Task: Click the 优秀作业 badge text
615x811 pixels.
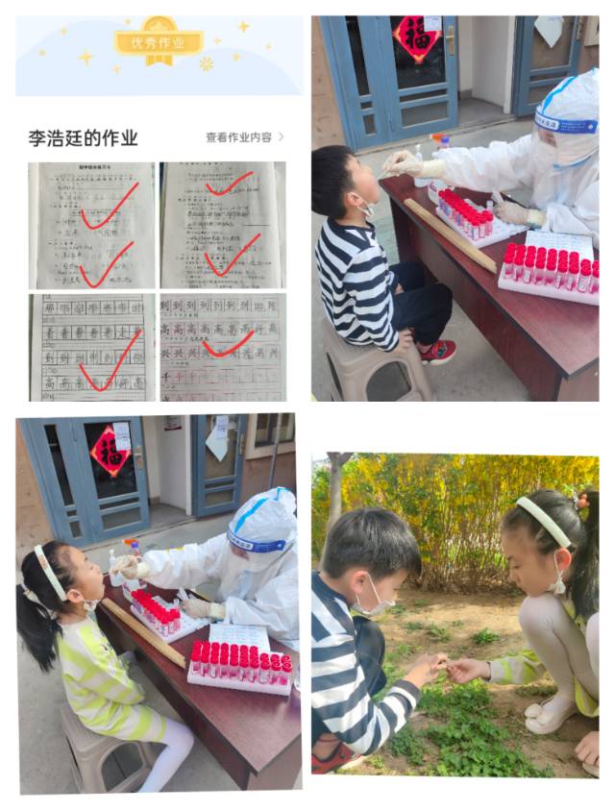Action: tap(159, 42)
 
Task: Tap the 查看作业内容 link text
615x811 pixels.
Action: tap(238, 137)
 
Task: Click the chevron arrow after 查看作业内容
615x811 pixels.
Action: tap(281, 137)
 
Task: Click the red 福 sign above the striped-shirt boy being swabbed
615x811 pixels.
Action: tap(417, 37)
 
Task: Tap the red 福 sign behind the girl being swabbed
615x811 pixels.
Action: tap(109, 450)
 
